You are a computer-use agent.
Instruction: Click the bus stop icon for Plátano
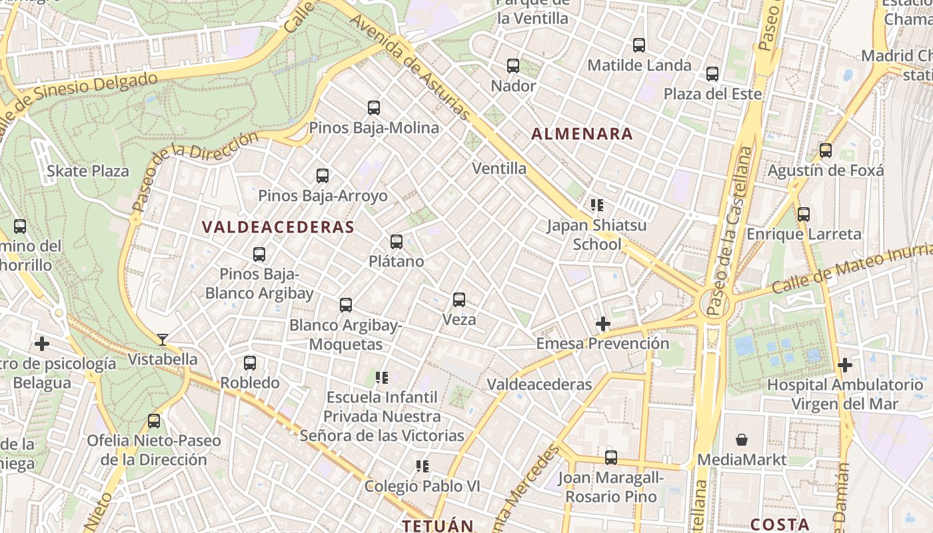pyautogui.click(x=397, y=242)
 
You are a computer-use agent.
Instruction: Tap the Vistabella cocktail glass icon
pyautogui.click(x=162, y=340)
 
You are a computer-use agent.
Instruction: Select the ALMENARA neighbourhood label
pyautogui.click(x=582, y=134)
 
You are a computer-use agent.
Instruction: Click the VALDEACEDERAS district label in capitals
pyautogui.click(x=278, y=227)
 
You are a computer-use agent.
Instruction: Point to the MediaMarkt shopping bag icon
pyautogui.click(x=741, y=440)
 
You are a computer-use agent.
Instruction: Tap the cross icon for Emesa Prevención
pyautogui.click(x=603, y=324)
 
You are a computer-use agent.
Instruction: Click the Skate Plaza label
pyautogui.click(x=88, y=171)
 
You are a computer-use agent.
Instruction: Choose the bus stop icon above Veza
pyautogui.click(x=459, y=300)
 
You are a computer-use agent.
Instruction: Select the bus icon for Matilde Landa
pyautogui.click(x=639, y=45)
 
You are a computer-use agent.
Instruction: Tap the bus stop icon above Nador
pyautogui.click(x=512, y=66)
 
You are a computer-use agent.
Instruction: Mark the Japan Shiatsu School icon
pyautogui.click(x=596, y=205)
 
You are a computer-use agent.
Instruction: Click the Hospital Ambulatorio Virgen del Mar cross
pyautogui.click(x=845, y=365)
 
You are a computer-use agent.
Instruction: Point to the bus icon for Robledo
pyautogui.click(x=250, y=363)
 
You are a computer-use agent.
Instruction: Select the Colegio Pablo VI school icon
pyautogui.click(x=422, y=466)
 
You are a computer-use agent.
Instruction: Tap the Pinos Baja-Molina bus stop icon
pyautogui.click(x=374, y=108)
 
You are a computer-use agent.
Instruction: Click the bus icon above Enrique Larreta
pyautogui.click(x=804, y=215)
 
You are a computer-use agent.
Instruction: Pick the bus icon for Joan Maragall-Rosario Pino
pyautogui.click(x=611, y=458)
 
